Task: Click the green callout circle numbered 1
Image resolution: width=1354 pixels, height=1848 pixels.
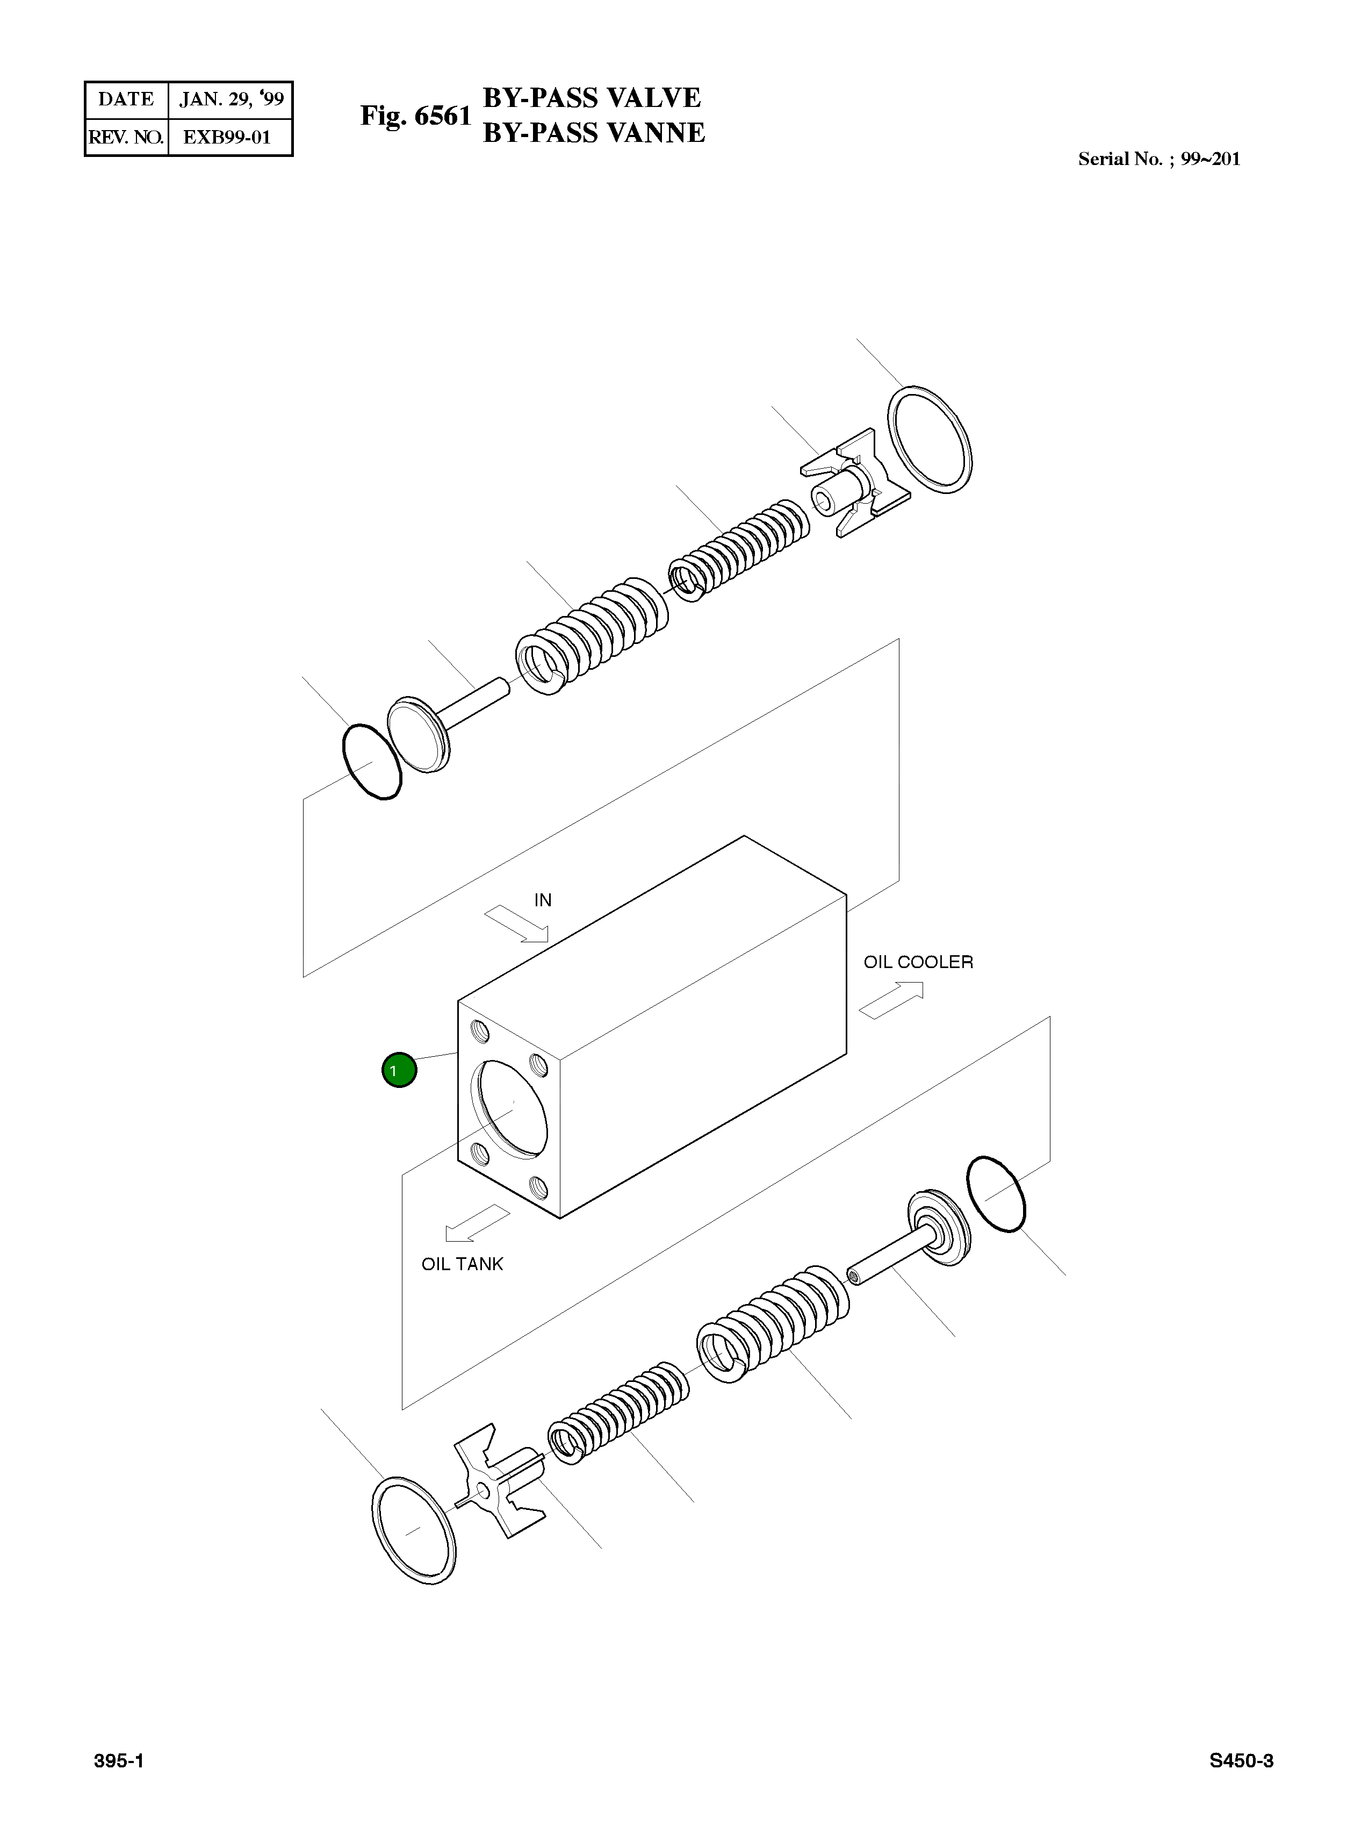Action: [399, 1070]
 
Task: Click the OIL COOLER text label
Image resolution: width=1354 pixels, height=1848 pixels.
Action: [918, 962]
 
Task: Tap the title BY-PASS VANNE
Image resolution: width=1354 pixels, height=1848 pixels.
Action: [593, 133]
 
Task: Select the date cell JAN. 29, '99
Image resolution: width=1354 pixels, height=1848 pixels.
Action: [231, 100]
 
